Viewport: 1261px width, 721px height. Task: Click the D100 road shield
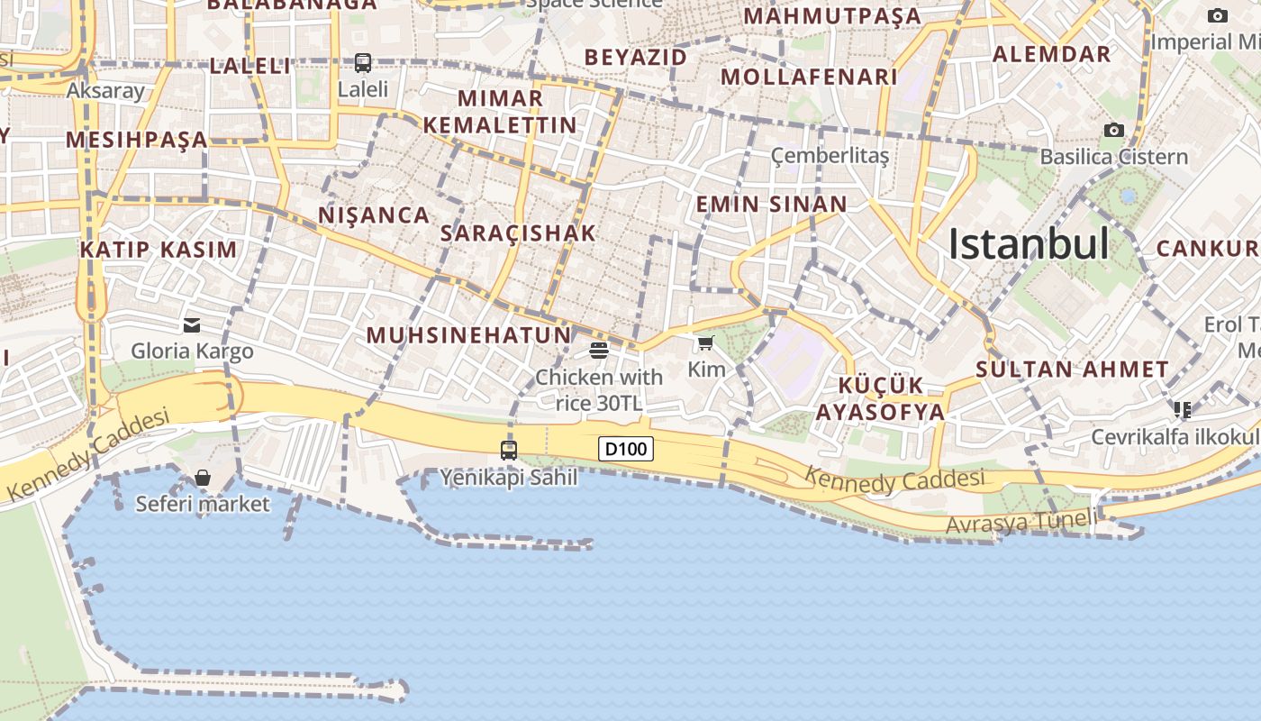(626, 449)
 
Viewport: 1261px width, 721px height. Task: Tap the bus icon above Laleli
(363, 63)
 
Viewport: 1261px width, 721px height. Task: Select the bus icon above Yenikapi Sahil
(509, 450)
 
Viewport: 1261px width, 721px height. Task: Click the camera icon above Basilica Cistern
(1114, 131)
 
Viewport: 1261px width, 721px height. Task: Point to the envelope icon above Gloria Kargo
(192, 325)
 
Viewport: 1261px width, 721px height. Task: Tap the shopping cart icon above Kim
(705, 343)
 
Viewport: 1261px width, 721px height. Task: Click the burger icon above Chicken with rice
(599, 351)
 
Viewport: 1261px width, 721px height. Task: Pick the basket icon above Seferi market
(203, 478)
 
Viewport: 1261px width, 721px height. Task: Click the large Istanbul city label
(1029, 244)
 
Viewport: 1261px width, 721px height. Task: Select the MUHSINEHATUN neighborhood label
(468, 336)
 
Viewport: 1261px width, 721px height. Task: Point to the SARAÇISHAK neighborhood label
(519, 233)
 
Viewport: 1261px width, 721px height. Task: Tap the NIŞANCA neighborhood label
(374, 215)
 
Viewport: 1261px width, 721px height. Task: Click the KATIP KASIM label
(159, 251)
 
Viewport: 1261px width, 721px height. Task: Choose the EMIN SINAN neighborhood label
(771, 205)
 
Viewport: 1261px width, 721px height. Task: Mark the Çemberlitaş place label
(830, 156)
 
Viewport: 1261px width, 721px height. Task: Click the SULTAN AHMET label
(1073, 369)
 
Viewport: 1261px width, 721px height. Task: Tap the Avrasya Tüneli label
(1022, 522)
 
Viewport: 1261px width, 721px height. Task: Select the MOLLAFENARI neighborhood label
(809, 78)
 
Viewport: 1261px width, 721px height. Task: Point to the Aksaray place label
(105, 90)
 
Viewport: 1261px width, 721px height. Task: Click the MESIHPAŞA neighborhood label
(137, 140)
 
